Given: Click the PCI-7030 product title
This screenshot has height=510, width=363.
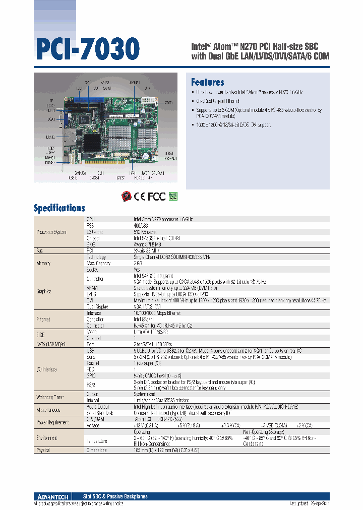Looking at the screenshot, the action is pyautogui.click(x=87, y=49).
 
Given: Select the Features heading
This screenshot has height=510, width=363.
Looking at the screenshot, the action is pyautogui.click(x=207, y=82).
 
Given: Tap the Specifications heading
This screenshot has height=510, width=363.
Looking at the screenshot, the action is pyautogui.click(x=59, y=208).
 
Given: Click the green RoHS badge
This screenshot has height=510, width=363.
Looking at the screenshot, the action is pyautogui.click(x=173, y=196).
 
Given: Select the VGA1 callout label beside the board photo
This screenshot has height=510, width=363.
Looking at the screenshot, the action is pyautogui.click(x=51, y=119).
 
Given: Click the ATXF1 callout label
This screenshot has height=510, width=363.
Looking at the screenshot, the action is pyautogui.click(x=168, y=102).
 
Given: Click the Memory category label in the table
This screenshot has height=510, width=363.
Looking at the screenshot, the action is pyautogui.click(x=44, y=263).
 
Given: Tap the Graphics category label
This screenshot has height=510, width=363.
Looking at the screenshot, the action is pyautogui.click(x=44, y=291).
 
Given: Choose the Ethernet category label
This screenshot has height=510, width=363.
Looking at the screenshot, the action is pyautogui.click(x=44, y=319).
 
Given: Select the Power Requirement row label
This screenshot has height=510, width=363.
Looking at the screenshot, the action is pyautogui.click(x=51, y=422).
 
